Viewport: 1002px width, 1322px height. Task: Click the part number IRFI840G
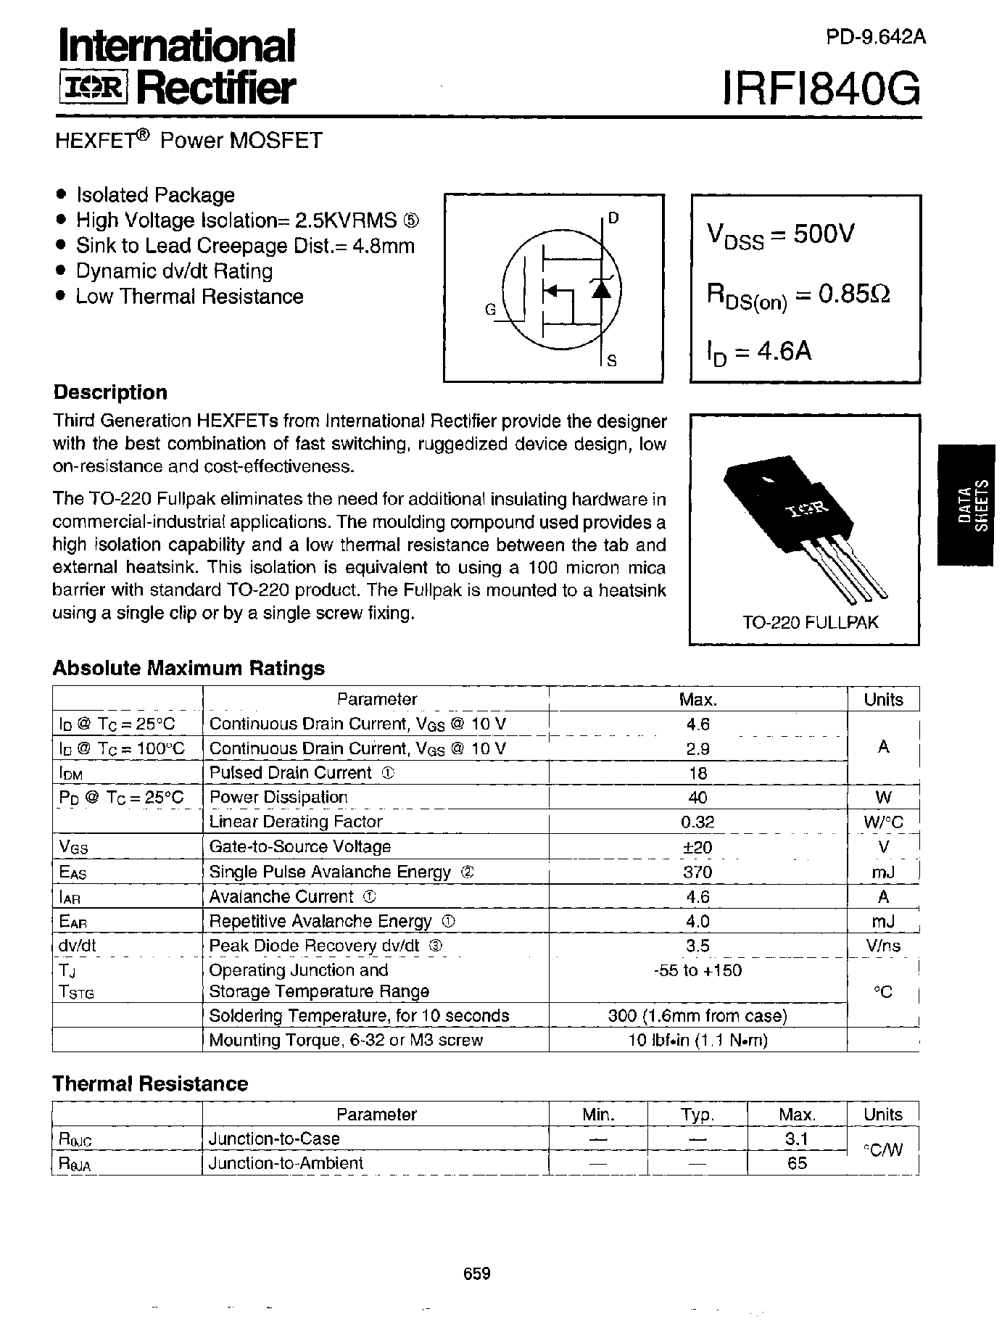[821, 91]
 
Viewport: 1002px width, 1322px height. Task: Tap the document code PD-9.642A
[875, 38]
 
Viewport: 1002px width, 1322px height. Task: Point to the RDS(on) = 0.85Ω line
[798, 295]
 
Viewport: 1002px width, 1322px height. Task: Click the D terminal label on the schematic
[613, 218]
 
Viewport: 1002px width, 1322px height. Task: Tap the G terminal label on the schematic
[490, 310]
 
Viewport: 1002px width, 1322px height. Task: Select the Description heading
[110, 392]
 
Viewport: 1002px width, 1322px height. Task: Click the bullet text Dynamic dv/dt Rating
[174, 271]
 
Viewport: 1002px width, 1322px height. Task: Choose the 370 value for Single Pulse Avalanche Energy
[697, 872]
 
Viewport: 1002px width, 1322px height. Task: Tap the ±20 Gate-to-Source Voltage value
[697, 847]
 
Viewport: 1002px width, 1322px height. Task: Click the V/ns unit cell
[883, 946]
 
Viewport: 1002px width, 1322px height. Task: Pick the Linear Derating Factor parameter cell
[295, 822]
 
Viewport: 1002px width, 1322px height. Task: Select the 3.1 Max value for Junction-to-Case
[796, 1139]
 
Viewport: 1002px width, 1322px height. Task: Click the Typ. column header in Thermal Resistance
[697, 1115]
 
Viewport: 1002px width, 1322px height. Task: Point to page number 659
[476, 1273]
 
